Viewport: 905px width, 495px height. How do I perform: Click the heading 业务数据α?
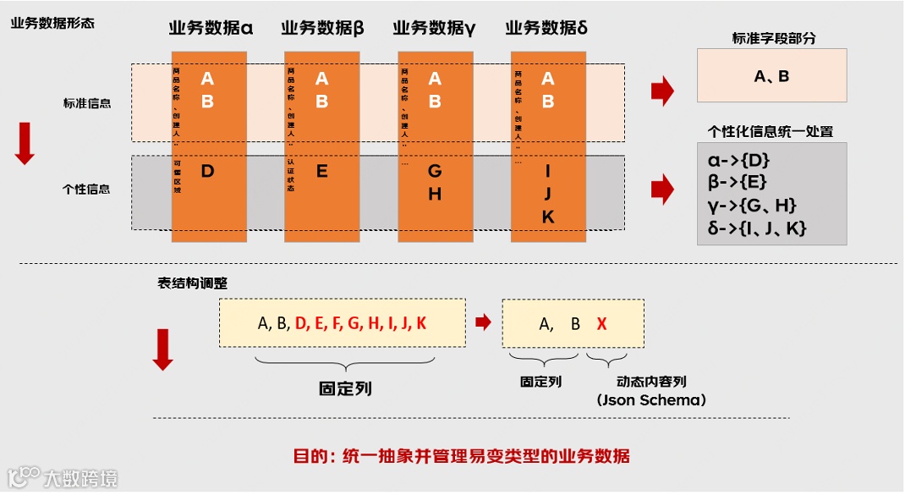click(211, 27)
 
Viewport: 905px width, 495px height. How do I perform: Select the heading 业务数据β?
click(322, 27)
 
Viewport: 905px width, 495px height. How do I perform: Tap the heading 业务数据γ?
click(434, 27)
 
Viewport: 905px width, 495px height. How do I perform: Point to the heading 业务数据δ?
click(546, 27)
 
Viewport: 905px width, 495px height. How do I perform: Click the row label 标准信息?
click(87, 103)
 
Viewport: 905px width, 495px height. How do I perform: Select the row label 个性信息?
click(87, 189)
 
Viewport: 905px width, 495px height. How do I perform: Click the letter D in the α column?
click(208, 172)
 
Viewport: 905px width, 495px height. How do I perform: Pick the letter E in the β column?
click(321, 172)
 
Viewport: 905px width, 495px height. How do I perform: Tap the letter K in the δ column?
click(547, 217)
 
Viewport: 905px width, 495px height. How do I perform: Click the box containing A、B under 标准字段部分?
click(771, 76)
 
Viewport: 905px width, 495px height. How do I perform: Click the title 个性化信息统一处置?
click(771, 131)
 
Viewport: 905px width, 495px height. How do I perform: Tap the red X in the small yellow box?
click(601, 323)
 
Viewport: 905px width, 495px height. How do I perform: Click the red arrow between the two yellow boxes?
click(483, 322)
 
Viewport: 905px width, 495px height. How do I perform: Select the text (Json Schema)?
click(650, 400)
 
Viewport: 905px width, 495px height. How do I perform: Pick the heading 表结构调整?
click(192, 283)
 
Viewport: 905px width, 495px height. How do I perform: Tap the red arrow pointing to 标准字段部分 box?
click(661, 90)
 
